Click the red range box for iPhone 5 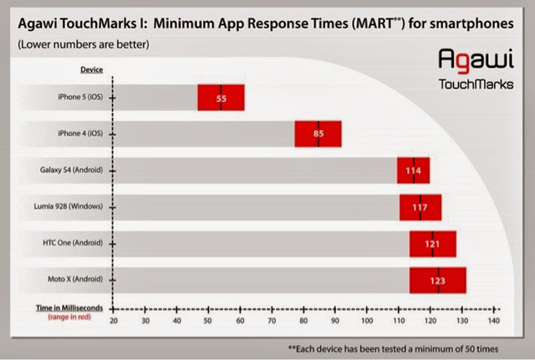pos(221,98)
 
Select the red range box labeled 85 pos(318,134)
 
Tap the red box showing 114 pos(413,170)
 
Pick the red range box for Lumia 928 pos(420,207)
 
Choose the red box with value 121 pos(432,244)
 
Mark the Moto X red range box pos(437,281)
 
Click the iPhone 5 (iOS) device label pos(80,98)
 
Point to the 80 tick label pos(303,321)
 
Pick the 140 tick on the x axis pos(493,321)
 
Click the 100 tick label pos(367,321)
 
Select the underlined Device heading pos(91,69)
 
